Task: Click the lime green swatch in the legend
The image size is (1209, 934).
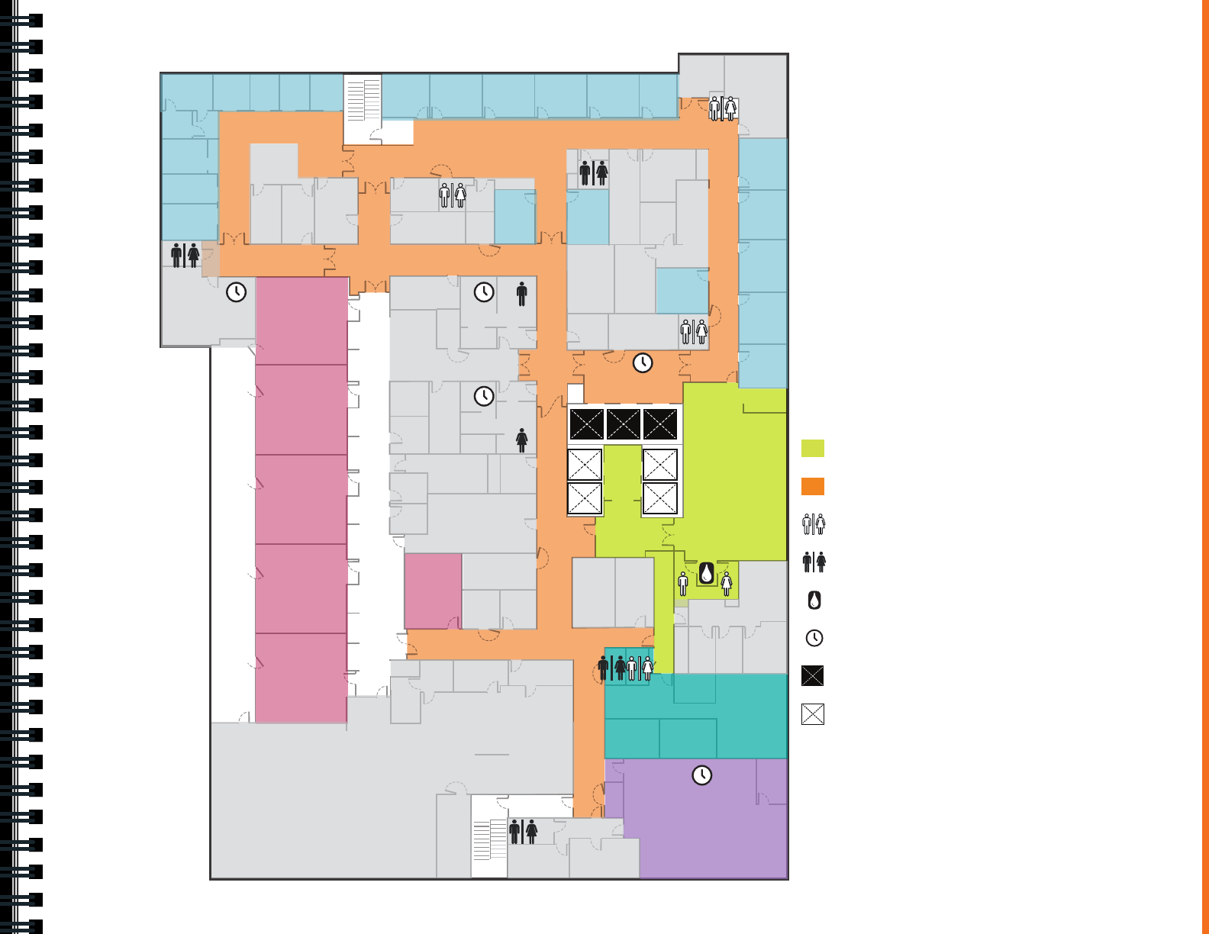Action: (x=813, y=448)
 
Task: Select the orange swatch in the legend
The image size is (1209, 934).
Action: (x=813, y=486)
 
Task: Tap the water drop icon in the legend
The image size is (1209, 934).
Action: (x=814, y=601)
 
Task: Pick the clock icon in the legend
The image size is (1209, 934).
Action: (x=814, y=638)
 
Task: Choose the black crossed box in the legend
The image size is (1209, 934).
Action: (x=813, y=676)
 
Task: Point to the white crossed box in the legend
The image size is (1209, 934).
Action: (x=813, y=714)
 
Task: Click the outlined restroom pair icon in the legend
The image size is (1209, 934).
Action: (x=814, y=524)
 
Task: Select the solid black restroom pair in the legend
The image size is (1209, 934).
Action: (x=814, y=562)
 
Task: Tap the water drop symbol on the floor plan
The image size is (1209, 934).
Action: (x=707, y=573)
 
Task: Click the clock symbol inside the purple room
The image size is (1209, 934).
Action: (x=701, y=775)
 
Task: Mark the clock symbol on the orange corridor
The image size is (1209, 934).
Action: (x=643, y=362)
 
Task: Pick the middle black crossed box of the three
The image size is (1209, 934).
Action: (x=624, y=424)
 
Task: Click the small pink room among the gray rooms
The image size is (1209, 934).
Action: (x=433, y=591)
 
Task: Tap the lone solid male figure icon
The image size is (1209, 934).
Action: (x=521, y=294)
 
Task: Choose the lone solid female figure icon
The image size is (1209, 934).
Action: (x=521, y=440)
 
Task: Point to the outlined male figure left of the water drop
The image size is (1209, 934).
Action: (x=683, y=584)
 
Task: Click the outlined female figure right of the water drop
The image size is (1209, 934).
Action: (x=727, y=584)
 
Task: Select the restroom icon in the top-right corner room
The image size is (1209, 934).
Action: (x=722, y=108)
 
